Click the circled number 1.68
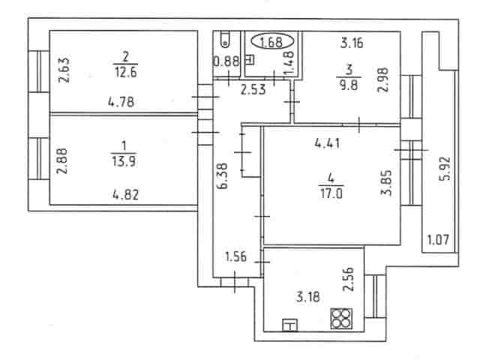272,42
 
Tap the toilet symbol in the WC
225,40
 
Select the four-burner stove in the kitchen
341,319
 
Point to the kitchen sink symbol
290,325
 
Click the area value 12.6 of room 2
125,73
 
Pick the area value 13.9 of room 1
124,161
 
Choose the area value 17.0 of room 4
331,193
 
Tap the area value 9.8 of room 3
349,85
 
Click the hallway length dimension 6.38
223,176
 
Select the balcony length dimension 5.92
445,168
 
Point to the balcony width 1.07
438,240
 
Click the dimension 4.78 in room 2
121,102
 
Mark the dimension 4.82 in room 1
125,194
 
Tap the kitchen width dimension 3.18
308,297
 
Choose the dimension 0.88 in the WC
226,61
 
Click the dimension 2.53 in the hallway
253,90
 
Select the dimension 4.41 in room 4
327,143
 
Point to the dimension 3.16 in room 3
352,43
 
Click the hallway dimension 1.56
235,256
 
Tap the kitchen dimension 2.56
348,279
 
